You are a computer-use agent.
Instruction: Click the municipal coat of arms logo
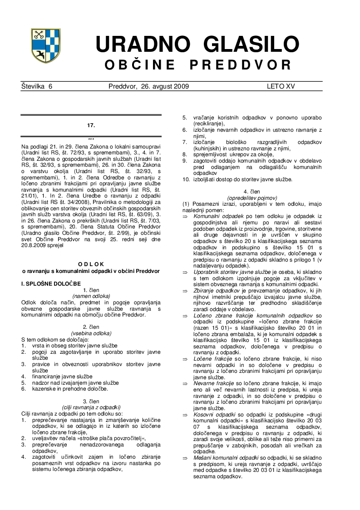(45, 45)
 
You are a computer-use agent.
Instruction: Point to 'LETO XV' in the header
(281, 86)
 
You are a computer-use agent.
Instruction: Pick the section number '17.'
(91, 124)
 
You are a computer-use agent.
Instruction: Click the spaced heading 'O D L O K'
(91, 263)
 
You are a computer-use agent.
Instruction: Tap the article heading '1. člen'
(91, 290)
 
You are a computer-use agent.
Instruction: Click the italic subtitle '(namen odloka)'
(91, 296)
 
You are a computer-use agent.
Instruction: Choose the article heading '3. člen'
(91, 401)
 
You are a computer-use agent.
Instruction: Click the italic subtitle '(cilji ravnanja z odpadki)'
(91, 407)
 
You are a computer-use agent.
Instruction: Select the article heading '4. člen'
(251, 192)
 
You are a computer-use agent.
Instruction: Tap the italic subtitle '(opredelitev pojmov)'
(251, 198)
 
